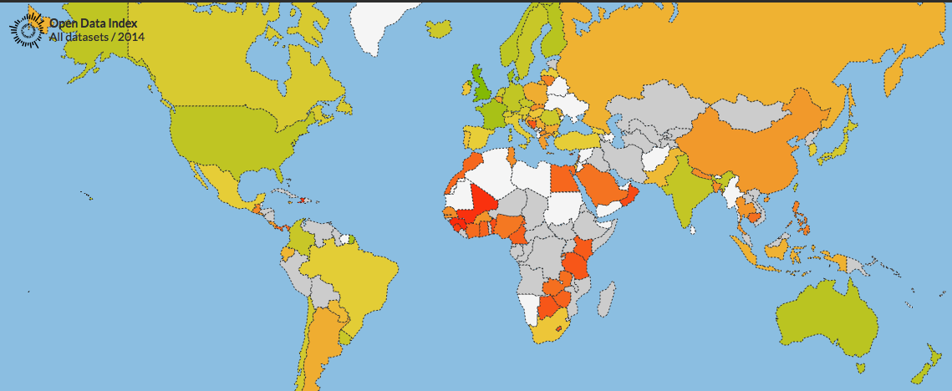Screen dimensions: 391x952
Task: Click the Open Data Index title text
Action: click(93, 23)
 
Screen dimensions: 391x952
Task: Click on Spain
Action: click(478, 135)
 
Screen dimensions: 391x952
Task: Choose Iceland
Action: click(440, 29)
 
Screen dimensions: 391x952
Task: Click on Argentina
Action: click(323, 351)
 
